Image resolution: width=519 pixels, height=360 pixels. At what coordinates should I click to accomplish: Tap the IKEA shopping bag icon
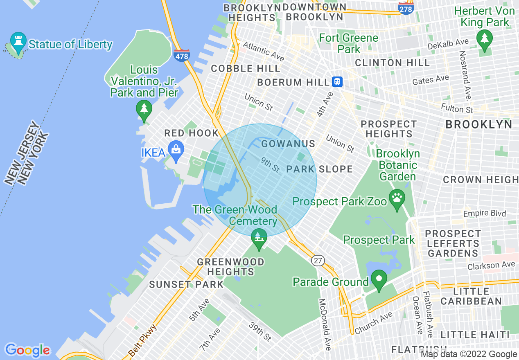(176, 151)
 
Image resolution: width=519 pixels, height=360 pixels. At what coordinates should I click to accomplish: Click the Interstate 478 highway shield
(181, 55)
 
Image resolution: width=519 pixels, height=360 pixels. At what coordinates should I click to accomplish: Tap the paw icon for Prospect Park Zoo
(397, 199)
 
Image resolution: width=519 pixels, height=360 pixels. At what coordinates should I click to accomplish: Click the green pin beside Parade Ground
(379, 280)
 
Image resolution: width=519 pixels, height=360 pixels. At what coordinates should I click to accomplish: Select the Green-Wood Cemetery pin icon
(258, 238)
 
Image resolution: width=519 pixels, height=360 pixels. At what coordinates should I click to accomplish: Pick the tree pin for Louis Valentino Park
(144, 110)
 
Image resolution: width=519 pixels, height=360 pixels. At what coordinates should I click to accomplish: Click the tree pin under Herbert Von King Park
(485, 40)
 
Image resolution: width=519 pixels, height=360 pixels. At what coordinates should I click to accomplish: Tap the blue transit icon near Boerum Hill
(337, 82)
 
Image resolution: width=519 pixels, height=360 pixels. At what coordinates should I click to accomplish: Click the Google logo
(27, 350)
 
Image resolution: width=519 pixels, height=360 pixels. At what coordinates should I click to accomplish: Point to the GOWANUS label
(288, 144)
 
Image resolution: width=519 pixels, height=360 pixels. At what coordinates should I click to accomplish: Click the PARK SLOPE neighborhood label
(319, 169)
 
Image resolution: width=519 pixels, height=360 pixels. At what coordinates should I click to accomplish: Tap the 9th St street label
(270, 165)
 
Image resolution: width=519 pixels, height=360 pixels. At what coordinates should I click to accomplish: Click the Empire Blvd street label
(484, 214)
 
